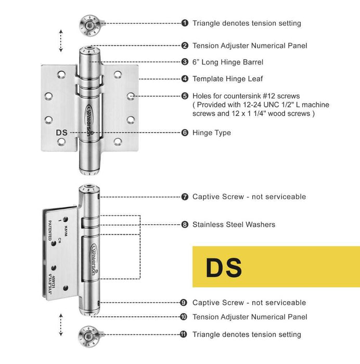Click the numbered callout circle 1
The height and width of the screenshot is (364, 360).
point(185,23)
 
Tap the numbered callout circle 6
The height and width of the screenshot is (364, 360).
point(185,133)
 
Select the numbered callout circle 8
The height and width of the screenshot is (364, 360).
point(185,225)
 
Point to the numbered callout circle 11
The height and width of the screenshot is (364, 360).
point(184,334)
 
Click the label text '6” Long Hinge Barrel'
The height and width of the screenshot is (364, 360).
point(227,62)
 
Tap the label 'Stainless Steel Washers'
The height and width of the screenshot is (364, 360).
point(234,225)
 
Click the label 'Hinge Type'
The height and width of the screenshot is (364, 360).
point(211,133)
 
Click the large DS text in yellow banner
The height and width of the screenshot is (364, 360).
point(224,267)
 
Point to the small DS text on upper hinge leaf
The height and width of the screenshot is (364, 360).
point(62,133)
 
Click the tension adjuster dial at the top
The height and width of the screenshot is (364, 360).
point(90,23)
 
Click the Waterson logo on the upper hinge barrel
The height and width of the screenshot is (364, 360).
point(92,117)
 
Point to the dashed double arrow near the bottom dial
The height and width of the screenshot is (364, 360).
point(61,325)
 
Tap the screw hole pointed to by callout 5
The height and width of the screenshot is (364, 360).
point(132,96)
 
